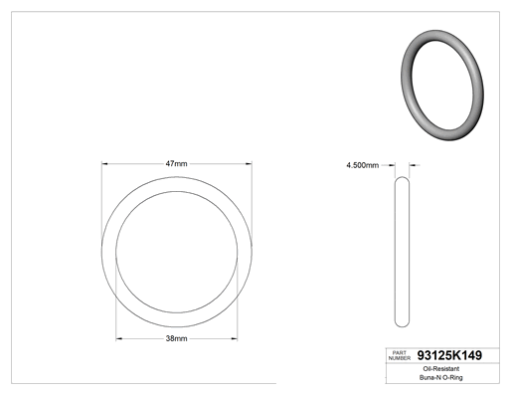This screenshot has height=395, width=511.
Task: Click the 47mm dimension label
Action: point(176,163)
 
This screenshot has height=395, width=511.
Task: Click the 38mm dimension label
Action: point(176,338)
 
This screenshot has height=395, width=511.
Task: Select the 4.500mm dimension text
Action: point(362,165)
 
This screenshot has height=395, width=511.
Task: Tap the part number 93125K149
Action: point(449,355)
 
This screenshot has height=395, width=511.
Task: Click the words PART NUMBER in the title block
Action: point(400,355)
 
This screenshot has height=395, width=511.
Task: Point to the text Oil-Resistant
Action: point(441,369)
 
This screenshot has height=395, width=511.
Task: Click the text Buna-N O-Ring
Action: point(441,377)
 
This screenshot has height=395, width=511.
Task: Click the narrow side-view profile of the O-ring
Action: point(396,252)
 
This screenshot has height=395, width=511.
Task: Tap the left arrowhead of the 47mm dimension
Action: point(104,163)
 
